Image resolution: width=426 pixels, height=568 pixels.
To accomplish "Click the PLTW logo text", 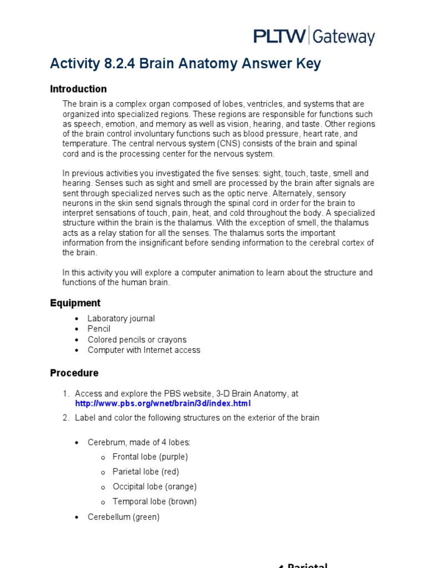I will coord(279,37).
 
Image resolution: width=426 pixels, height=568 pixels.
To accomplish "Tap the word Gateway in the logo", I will coord(343,37).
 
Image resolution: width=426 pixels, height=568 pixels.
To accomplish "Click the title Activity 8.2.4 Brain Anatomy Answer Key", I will coord(185,64).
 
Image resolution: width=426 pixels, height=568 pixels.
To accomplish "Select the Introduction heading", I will coord(78,89).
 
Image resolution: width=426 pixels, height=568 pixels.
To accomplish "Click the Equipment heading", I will coord(75,303).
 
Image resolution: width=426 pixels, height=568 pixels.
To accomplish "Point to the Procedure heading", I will coord(74,373).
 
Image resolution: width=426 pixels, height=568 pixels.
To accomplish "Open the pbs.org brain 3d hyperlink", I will coord(163,403).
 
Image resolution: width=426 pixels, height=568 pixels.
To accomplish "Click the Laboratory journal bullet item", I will coord(121,318).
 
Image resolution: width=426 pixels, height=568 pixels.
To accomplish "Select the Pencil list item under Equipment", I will coord(99,329).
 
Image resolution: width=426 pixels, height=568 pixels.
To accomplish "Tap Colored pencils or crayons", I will coord(137,339).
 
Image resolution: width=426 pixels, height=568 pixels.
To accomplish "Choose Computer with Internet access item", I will coord(144,350).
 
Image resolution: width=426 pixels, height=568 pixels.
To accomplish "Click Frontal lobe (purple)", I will coord(150,457).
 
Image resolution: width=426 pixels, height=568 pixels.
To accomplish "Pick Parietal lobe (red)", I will coord(145,472).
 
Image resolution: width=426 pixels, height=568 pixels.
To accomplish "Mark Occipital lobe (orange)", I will coord(154,486).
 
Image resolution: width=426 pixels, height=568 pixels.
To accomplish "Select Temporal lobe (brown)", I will coord(154,501).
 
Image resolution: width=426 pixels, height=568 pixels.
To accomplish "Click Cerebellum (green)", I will coord(123,517).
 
